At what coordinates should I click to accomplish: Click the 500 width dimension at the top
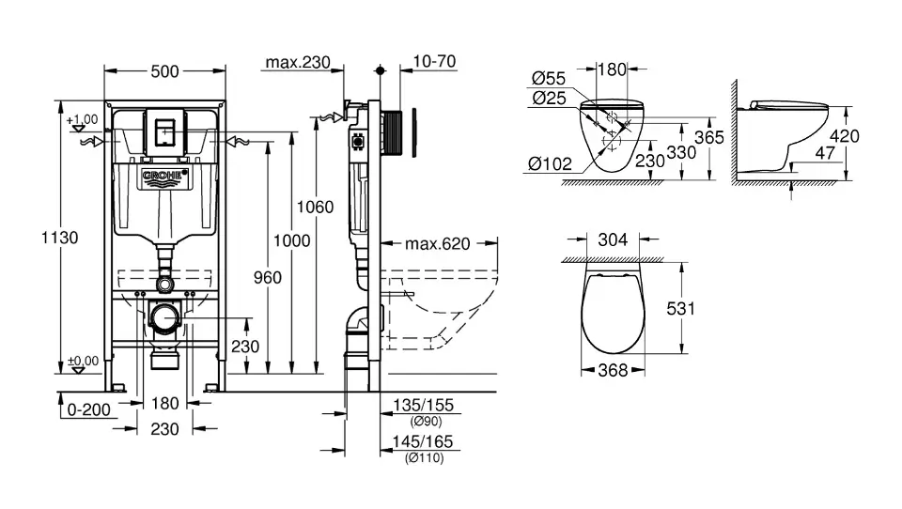coord(165,71)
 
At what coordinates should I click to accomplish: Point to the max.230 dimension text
coord(297,63)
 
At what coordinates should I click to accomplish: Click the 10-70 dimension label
coord(434,62)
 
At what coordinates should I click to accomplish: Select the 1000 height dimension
coord(291,241)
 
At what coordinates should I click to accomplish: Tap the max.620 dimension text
coord(437,244)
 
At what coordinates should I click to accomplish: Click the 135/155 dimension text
coord(423,406)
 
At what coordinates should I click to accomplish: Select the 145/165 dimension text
coord(423,442)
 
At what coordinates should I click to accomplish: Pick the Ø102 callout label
coord(551,163)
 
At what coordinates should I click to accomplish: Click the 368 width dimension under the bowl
coord(612,371)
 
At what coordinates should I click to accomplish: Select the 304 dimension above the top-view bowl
coord(614,240)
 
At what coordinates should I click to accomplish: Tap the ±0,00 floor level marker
coord(83,361)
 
